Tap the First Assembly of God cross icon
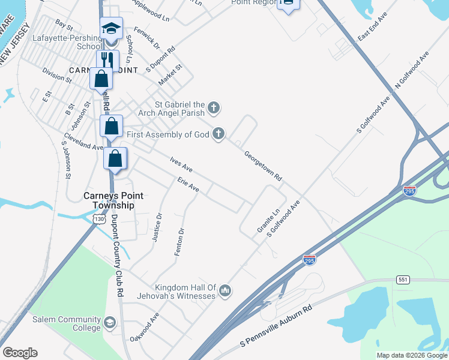218,134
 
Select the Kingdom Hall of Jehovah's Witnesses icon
225,291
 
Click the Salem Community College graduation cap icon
109,323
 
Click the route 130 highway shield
99,220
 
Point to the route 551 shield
402,280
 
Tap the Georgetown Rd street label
262,166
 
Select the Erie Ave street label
188,184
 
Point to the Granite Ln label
261,220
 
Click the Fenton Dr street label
179,242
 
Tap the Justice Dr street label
157,227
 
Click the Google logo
20,353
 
